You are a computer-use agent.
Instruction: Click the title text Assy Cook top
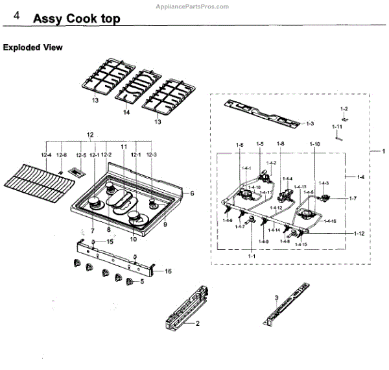77,19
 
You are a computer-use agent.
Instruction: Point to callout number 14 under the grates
126,113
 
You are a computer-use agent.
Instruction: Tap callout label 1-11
337,126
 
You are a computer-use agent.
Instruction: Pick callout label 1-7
353,197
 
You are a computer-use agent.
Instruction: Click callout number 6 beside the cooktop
192,193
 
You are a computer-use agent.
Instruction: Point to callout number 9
165,224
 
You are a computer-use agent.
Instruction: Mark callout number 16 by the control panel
168,271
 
